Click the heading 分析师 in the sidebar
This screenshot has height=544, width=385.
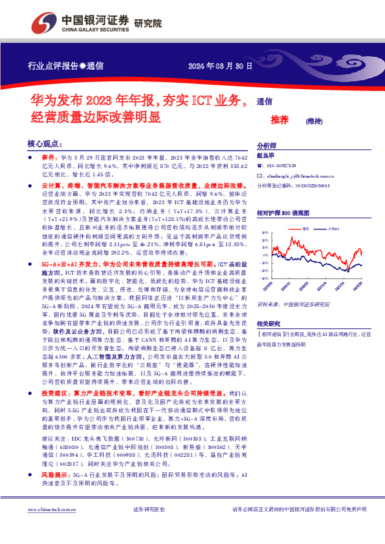[x=267, y=146]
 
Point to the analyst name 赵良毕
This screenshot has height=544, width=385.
[x=267, y=156]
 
